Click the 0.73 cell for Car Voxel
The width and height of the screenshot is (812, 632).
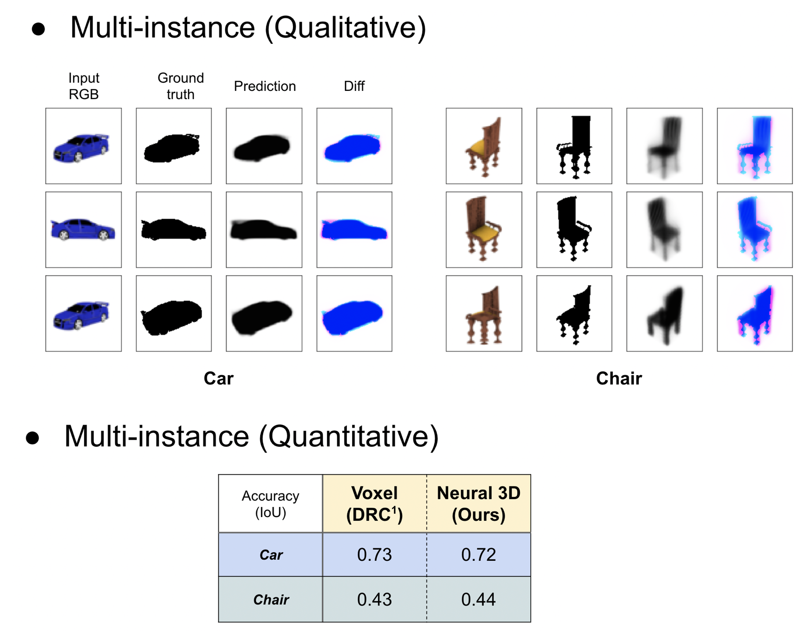point(374,555)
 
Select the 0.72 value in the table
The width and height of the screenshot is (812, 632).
point(478,555)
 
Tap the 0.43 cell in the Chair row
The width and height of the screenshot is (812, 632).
point(374,599)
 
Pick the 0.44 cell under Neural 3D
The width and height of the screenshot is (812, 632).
point(478,599)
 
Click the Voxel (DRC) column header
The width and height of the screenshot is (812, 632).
point(374,504)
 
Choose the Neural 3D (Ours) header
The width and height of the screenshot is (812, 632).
point(478,504)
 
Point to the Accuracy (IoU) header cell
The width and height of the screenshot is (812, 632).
point(270,504)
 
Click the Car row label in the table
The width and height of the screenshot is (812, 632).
point(271,555)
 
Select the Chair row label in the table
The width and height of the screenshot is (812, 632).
point(271,600)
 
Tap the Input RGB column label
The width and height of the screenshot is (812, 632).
point(84,86)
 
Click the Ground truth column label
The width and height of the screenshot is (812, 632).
point(180,86)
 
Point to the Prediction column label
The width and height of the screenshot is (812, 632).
point(265,86)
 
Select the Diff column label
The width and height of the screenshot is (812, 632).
point(354,86)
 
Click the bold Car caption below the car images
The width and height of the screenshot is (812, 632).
point(218,379)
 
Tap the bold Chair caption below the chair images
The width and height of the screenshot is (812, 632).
point(619,379)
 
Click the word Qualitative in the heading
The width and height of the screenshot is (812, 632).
point(345,27)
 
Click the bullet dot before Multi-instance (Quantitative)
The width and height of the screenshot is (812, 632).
point(33,438)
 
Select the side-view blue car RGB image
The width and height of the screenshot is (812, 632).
point(83,229)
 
